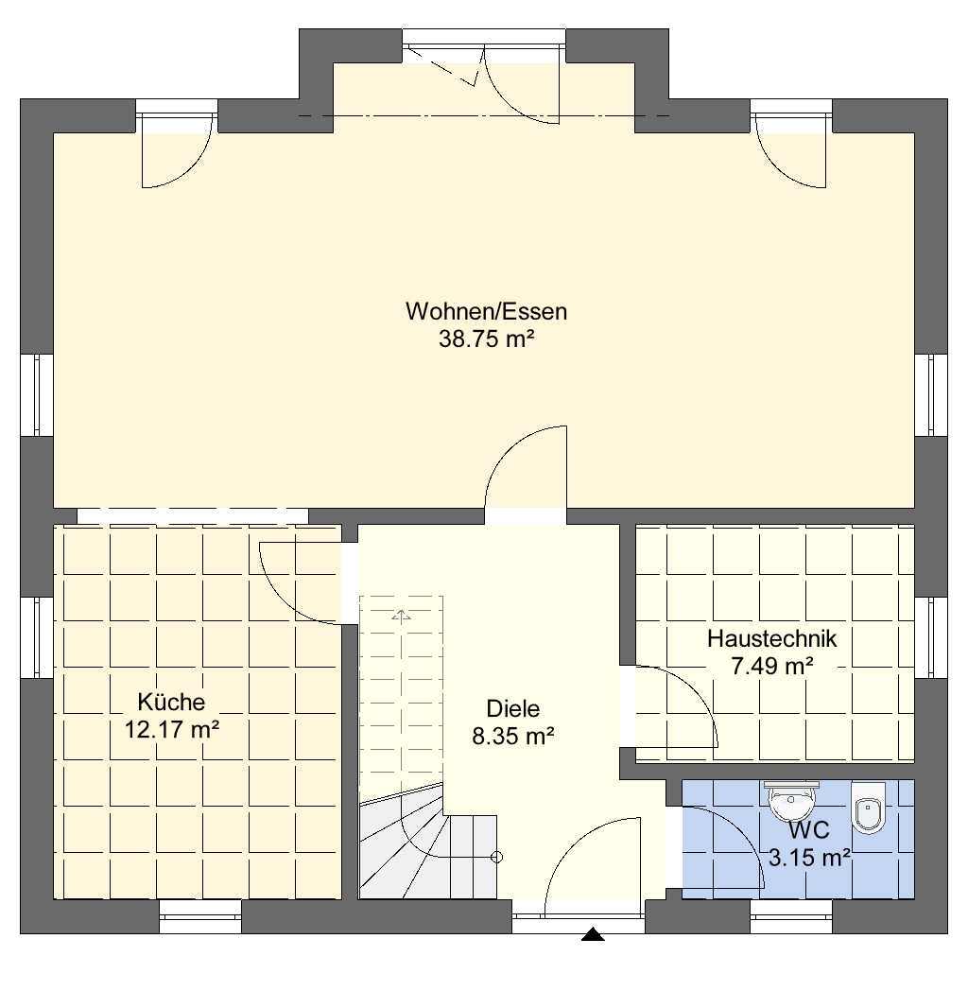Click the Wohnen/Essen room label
[486, 312]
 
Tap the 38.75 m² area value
[487, 339]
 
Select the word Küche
[171, 702]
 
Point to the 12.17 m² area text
[172, 729]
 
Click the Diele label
[513, 708]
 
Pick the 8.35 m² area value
[513, 737]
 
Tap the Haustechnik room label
[771, 638]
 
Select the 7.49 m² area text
[771, 666]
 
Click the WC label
[809, 830]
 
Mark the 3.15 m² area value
[809, 858]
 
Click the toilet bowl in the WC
[868, 808]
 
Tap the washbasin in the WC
[791, 799]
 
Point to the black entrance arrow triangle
[593, 934]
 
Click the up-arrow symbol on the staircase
[401, 616]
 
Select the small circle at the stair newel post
[496, 858]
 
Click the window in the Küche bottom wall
[200, 916]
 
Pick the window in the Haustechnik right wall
[931, 637]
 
